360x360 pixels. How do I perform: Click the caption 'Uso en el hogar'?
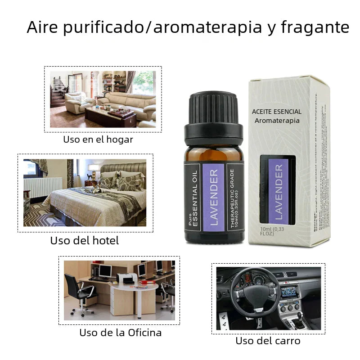pyautogui.click(x=98, y=139)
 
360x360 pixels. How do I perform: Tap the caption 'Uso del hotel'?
pyautogui.click(x=85, y=241)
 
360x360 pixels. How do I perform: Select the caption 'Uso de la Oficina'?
pyautogui.click(x=120, y=333)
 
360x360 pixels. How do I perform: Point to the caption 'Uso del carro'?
pyautogui.click(x=268, y=341)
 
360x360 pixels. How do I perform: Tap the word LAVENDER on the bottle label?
pyautogui.click(x=214, y=197)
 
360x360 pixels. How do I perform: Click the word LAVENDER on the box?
pyautogui.click(x=279, y=192)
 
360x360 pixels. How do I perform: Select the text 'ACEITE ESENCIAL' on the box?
pyautogui.click(x=277, y=112)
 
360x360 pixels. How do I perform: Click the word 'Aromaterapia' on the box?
pyautogui.click(x=277, y=121)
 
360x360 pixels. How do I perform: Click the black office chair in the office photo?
pyautogui.click(x=79, y=292)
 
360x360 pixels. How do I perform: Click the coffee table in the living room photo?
pyautogui.click(x=110, y=116)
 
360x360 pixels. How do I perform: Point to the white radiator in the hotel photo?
pyautogui.click(x=43, y=186)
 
